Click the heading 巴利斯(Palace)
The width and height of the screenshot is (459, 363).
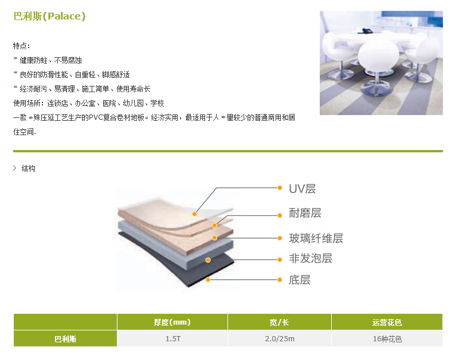click(49, 17)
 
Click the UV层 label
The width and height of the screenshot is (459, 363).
click(302, 189)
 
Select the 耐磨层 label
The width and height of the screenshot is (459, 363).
click(305, 214)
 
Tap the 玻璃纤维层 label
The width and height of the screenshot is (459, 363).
click(316, 238)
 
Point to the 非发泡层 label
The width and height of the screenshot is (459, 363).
click(311, 258)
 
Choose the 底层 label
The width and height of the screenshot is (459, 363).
click(300, 280)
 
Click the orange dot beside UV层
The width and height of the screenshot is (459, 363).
click(280, 187)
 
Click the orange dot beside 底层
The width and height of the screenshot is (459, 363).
click(280, 280)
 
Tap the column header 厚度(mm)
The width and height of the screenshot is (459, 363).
click(172, 322)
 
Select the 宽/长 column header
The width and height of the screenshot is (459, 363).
click(279, 322)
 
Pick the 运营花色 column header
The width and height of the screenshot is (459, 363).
click(387, 322)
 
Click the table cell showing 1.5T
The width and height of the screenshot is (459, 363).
click(172, 339)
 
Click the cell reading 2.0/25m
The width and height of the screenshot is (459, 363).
click(279, 339)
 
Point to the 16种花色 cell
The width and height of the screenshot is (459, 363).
click(387, 339)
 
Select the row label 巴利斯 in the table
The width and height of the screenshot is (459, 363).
click(65, 339)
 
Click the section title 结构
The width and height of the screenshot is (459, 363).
click(28, 168)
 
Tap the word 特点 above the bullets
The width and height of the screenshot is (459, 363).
click(21, 46)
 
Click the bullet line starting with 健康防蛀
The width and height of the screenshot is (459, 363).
click(51, 60)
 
